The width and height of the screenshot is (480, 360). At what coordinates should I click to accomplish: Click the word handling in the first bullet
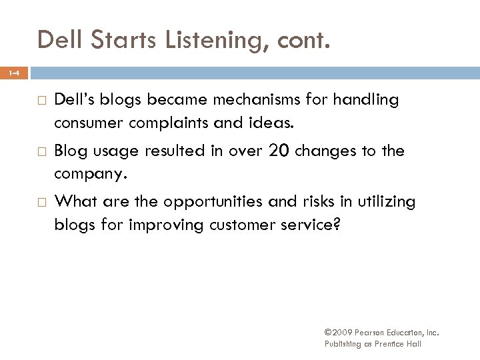click(366, 100)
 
